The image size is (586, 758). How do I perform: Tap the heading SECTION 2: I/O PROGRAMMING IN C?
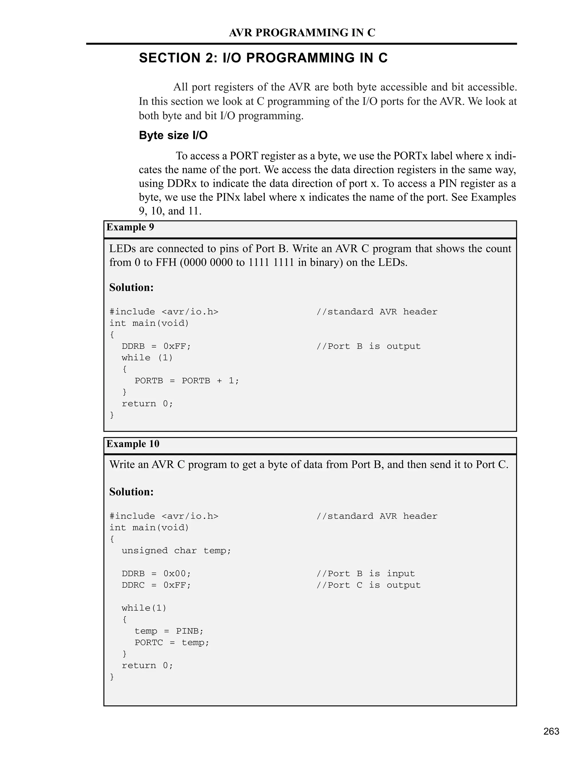[x=263, y=58]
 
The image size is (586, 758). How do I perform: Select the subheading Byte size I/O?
[x=173, y=135]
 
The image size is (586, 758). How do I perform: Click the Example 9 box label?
[x=130, y=227]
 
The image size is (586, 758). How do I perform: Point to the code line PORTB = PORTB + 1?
[x=187, y=381]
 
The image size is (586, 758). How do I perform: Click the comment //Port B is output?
[x=368, y=346]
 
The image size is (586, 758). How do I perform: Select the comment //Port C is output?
[x=368, y=585]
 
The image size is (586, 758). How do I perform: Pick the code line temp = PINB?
[x=169, y=631]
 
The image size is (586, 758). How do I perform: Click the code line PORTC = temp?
[x=172, y=643]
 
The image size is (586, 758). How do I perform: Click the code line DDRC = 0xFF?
[x=156, y=585]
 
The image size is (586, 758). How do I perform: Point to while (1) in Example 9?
[x=147, y=358]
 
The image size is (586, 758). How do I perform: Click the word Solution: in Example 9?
[x=131, y=287]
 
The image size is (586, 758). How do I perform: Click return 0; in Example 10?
[x=147, y=666]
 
